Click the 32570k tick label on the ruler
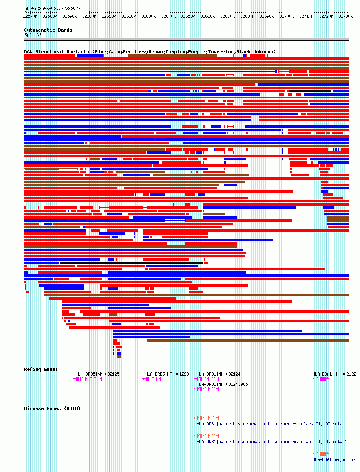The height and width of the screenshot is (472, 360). (x=30, y=16)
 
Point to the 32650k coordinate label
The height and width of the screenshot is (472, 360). (x=188, y=16)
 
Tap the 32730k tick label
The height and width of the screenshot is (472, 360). (x=346, y=16)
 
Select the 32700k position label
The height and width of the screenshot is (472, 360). (x=287, y=16)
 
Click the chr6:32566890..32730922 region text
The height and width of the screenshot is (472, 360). (x=52, y=9)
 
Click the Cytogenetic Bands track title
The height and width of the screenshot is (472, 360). (x=48, y=30)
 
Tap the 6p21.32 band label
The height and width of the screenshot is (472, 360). (x=33, y=35)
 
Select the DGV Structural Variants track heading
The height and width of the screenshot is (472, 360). (x=150, y=52)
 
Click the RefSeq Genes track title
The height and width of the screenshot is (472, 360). (x=41, y=369)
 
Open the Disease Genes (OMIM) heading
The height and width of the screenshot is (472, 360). (x=52, y=408)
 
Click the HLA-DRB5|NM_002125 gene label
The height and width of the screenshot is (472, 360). (x=97, y=374)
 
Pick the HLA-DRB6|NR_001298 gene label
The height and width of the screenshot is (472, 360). (x=167, y=374)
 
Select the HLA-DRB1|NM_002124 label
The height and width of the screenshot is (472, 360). (x=218, y=374)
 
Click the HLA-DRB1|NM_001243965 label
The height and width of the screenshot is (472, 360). (x=222, y=384)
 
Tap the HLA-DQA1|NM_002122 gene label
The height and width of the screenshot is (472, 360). (x=334, y=374)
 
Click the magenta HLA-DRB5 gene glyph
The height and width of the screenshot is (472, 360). (x=87, y=379)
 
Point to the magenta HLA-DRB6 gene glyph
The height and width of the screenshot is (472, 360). (x=152, y=379)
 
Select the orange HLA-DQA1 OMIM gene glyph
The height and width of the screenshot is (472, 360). (x=320, y=453)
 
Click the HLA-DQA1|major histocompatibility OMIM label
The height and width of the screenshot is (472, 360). (x=336, y=459)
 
